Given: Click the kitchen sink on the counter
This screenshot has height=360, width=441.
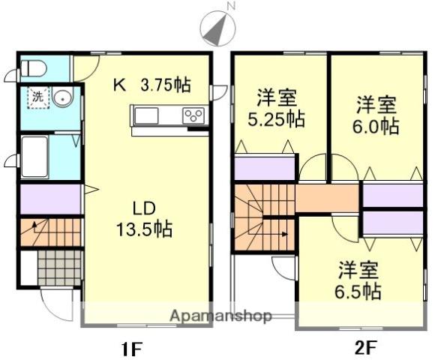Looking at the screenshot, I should click(147, 115).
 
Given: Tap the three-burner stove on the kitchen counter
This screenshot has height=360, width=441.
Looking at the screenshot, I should click(194, 115).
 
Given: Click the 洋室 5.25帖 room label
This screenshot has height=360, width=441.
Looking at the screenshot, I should click(276, 108).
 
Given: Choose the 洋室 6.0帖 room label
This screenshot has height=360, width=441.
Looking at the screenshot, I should click(376, 115).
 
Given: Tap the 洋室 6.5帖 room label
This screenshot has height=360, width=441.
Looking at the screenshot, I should click(357, 280).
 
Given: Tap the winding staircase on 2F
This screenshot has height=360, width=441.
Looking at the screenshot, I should click(263, 217).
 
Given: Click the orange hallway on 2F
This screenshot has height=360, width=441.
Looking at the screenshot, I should click(328, 198).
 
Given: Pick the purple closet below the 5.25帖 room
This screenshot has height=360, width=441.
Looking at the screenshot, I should click(264, 169).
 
